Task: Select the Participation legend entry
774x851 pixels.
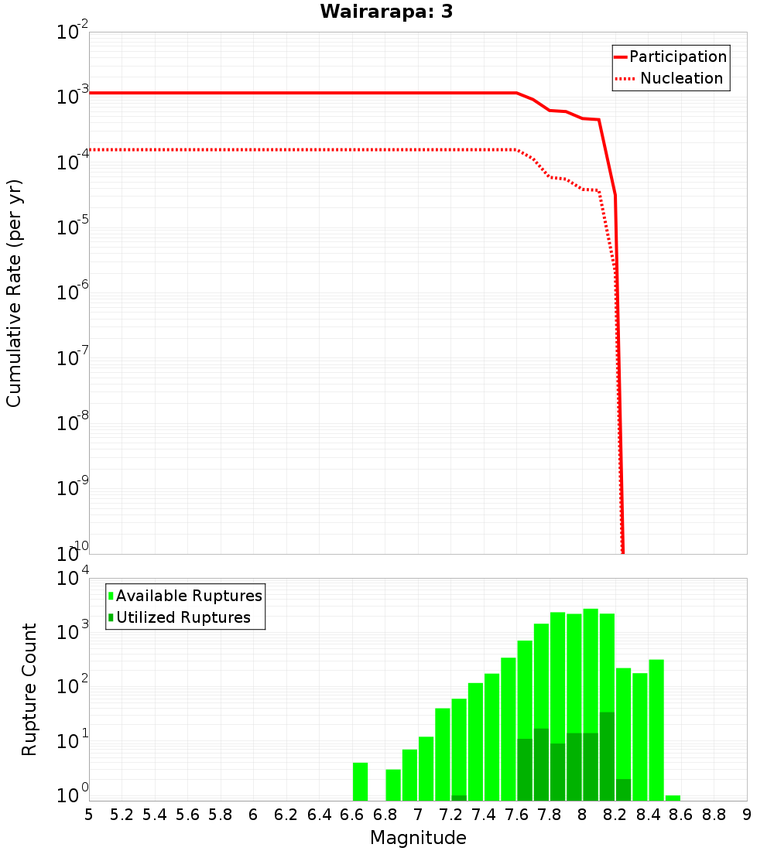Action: (670, 57)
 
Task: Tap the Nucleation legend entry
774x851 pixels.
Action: (670, 79)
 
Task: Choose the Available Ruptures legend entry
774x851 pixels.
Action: (186, 596)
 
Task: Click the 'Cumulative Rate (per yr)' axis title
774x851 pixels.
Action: (14, 293)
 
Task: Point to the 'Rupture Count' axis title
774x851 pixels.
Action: (29, 689)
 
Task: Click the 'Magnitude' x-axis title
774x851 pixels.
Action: (418, 838)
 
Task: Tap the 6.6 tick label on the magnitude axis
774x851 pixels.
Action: (352, 815)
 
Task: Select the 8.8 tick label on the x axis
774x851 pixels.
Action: (714, 815)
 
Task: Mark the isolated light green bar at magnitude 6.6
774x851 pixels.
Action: (360, 781)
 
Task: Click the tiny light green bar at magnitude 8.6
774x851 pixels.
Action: (673, 798)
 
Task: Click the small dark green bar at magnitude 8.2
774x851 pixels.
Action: (623, 790)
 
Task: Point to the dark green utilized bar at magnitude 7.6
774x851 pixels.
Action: (525, 770)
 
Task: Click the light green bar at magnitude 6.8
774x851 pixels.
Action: (393, 784)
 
